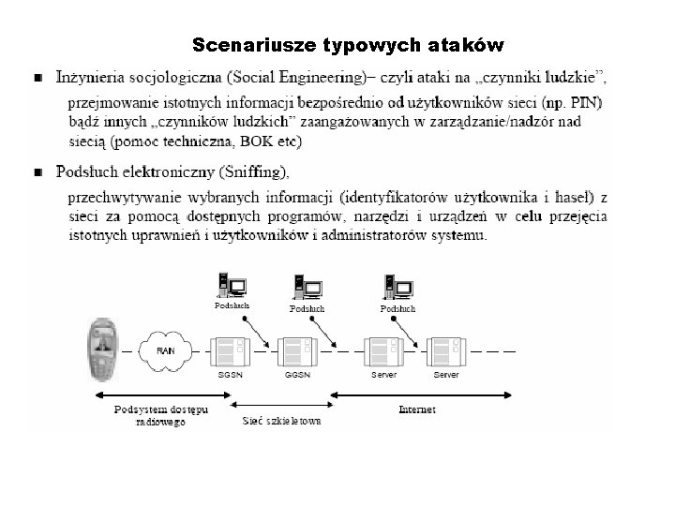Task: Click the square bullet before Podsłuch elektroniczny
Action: (37, 172)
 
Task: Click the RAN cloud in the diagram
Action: (165, 350)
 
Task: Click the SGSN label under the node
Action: (230, 375)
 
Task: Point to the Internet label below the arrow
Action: (416, 409)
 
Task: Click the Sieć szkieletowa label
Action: (282, 421)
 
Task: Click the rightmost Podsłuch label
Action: (397, 308)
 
